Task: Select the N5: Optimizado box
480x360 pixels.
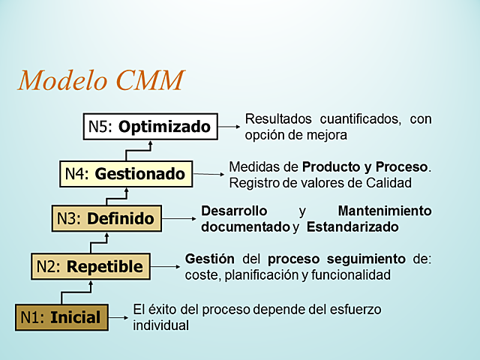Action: (x=149, y=127)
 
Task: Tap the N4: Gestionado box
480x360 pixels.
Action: (x=125, y=174)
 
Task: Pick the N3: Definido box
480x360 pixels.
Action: (x=106, y=219)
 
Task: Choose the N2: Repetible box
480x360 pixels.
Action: (x=91, y=265)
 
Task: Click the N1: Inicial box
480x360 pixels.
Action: (x=62, y=317)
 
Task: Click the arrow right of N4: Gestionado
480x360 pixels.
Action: (x=209, y=174)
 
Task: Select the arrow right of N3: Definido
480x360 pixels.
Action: (x=180, y=219)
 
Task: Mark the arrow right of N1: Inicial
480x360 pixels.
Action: (x=118, y=317)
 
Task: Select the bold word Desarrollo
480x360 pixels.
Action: (x=234, y=211)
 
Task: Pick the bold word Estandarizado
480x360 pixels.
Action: (x=352, y=226)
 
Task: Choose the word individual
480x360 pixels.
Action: (x=160, y=325)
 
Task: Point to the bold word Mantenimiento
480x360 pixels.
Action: (x=384, y=211)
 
